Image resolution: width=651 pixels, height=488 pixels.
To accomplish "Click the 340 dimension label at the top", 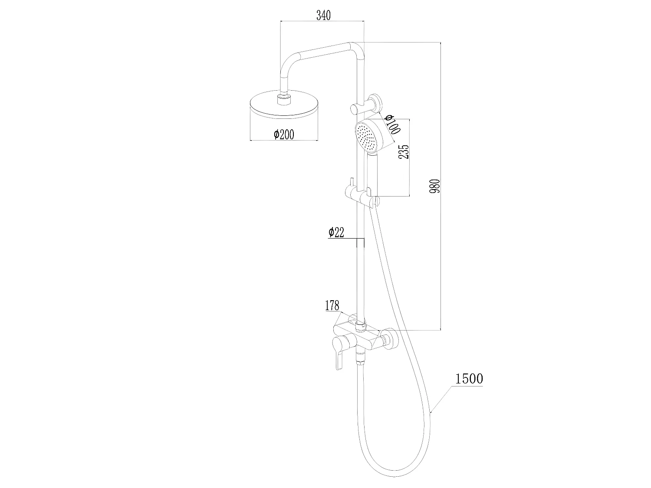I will coord(323,16).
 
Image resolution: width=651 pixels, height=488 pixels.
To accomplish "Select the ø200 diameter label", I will coord(284,135).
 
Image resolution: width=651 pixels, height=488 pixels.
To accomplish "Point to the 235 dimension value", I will coord(404,152).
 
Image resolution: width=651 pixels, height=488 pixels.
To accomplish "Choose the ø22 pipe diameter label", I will coord(336,233).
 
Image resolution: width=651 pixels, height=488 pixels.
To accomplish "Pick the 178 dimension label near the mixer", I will coord(332,305).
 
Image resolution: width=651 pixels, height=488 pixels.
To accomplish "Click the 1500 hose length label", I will coord(469,379).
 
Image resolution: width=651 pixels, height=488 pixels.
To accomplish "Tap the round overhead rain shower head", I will coord(284,108).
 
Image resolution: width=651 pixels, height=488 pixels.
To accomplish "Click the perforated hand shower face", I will coord(366,136).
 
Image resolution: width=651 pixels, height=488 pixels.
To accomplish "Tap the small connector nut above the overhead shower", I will coord(284,99).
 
